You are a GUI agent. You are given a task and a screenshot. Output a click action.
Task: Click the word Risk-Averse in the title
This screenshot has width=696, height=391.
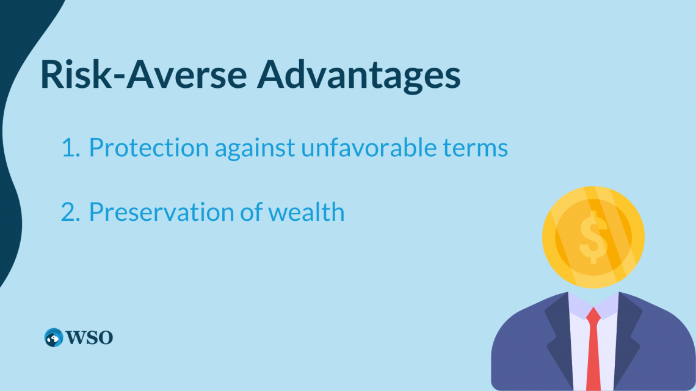[143, 74]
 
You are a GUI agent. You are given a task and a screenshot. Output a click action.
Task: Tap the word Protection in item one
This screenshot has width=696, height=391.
[149, 147]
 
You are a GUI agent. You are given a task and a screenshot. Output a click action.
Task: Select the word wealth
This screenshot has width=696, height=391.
[306, 211]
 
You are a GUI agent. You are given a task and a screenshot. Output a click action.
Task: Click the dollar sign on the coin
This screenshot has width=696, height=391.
[593, 237]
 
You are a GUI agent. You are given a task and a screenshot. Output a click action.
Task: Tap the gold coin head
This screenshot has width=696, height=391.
[593, 237]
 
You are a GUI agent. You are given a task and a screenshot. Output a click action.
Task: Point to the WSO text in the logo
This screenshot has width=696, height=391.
[90, 338]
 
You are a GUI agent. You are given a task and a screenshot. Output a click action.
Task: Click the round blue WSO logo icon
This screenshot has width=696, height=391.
[54, 338]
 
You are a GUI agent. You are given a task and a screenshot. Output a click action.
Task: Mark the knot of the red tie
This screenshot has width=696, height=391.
[593, 314]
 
